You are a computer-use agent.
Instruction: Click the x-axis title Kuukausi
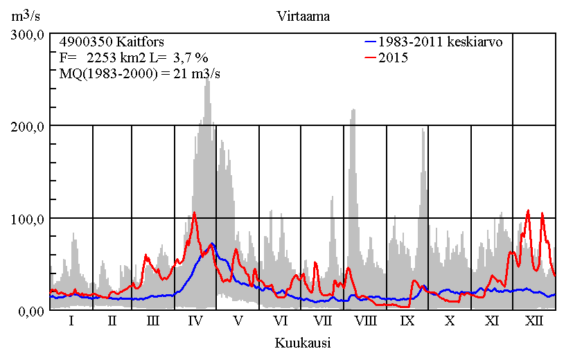(x=302, y=343)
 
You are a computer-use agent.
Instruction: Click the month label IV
(x=195, y=321)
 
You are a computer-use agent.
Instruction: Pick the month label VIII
(x=365, y=321)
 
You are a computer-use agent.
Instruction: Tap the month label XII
(x=534, y=321)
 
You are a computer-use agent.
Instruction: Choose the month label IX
(x=407, y=321)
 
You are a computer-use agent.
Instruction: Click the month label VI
(x=281, y=321)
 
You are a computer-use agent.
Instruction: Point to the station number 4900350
(x=86, y=42)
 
